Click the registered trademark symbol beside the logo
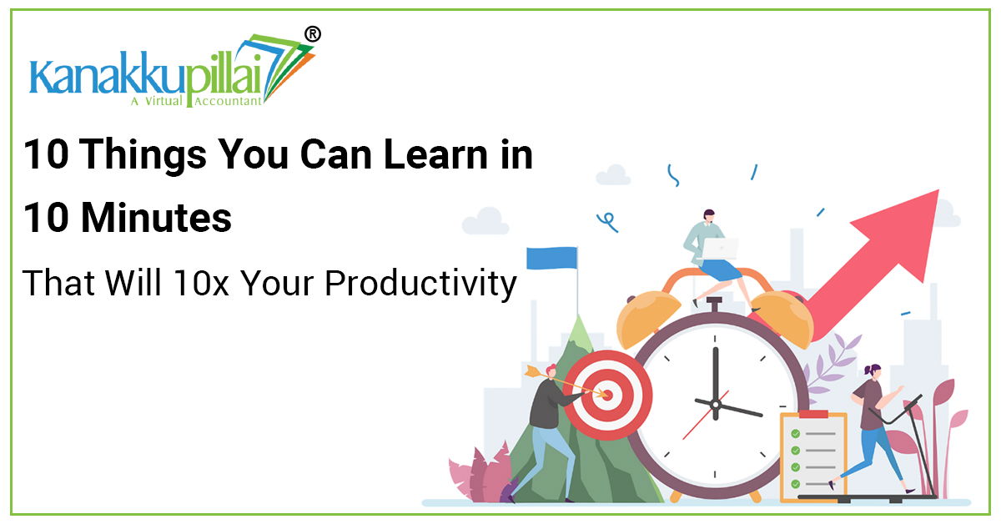point(312,34)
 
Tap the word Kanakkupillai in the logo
point(146,73)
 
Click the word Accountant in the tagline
point(228,101)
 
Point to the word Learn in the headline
point(435,154)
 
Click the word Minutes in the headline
point(157,218)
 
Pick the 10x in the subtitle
point(201,284)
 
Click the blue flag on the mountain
point(551,259)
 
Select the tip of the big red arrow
point(938,190)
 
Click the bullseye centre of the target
point(606,395)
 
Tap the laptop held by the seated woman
point(720,249)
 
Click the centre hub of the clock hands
point(716,405)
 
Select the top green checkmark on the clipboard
point(796,434)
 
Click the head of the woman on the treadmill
point(873,372)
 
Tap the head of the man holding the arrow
point(551,371)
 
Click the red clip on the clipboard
point(814,414)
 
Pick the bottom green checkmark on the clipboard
point(796,484)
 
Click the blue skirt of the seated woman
point(720,270)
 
